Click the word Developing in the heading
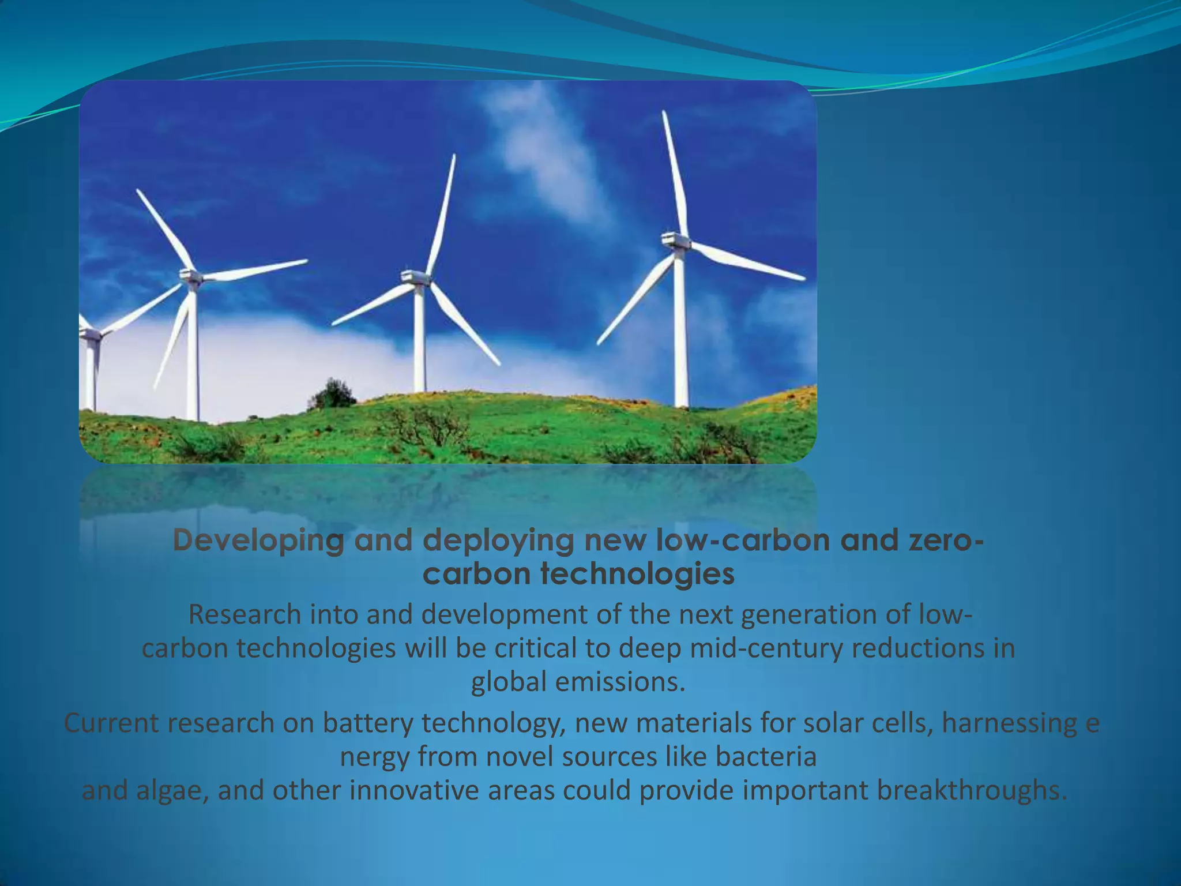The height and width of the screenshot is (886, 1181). (258, 541)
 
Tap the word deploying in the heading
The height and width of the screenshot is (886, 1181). (498, 541)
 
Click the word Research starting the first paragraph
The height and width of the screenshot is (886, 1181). (245, 615)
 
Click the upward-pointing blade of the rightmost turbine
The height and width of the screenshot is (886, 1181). (675, 173)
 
